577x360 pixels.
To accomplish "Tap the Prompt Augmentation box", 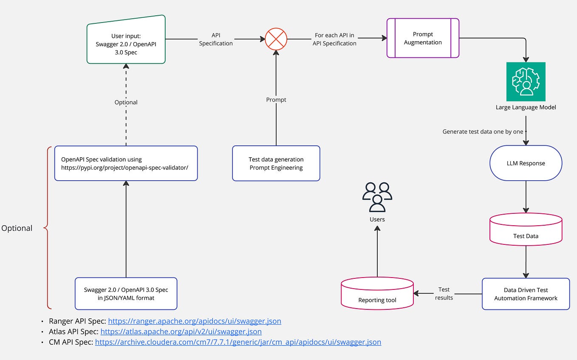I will (x=422, y=38).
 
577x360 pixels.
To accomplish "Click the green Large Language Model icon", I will (x=526, y=82).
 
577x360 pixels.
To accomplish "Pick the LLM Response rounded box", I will (x=526, y=163).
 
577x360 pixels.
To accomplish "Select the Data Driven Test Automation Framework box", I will (x=526, y=294).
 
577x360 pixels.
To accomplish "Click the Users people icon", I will (x=377, y=197).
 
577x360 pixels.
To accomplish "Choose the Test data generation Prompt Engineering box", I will (x=276, y=163).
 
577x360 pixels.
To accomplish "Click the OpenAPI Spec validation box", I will (x=126, y=163).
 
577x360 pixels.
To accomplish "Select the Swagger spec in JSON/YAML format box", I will (x=126, y=294).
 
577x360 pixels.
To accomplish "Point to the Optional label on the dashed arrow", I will (x=126, y=102).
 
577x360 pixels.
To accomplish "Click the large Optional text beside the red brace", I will (x=17, y=228).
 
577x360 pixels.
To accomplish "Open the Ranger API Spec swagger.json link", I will (x=194, y=321).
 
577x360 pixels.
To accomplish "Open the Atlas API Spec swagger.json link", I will (x=181, y=332).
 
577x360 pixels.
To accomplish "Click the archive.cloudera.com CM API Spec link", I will (x=238, y=342).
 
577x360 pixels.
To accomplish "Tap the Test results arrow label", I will (x=444, y=294).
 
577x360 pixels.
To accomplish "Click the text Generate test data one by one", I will (x=483, y=132).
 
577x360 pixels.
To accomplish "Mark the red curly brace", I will (x=47, y=228).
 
